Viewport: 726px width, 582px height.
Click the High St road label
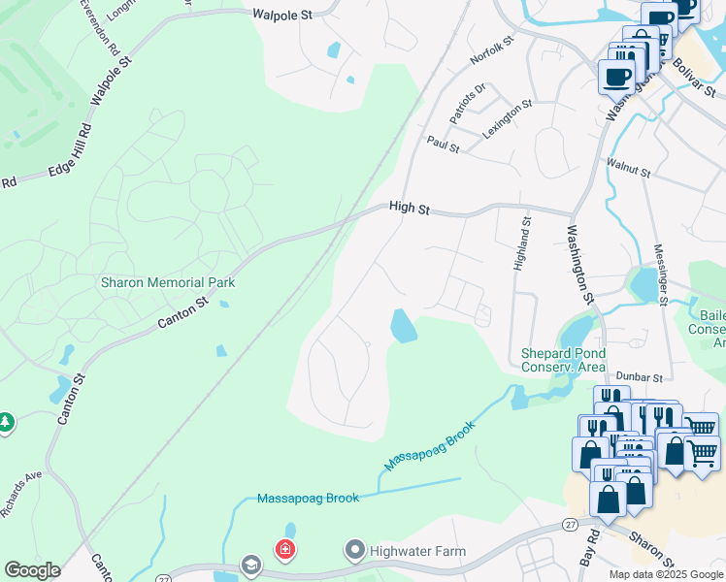pos(409,207)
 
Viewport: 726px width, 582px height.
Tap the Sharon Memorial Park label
pos(168,282)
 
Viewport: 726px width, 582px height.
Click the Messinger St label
pos(660,274)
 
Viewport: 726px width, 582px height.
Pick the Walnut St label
pos(628,169)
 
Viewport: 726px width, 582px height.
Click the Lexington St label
pos(510,117)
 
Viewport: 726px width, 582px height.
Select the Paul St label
pos(442,142)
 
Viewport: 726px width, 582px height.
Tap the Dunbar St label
pos(638,376)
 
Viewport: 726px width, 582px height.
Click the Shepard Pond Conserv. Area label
pos(563,360)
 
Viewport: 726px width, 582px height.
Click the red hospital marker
pos(284,550)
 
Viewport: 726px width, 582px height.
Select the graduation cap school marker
pos(251,566)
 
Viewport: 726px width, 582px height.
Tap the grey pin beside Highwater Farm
pos(354,551)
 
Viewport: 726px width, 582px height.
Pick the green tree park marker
pos(6,423)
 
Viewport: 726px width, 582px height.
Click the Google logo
pos(32,570)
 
